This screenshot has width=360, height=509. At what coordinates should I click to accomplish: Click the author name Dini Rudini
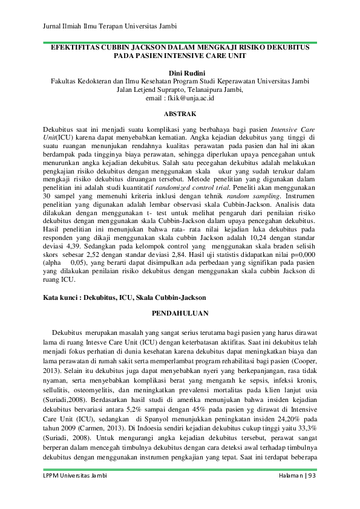[x=180, y=73]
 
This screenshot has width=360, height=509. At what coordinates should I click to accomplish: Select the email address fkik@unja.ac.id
[x=189, y=97]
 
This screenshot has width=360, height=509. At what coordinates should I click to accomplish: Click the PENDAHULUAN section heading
[x=180, y=313]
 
